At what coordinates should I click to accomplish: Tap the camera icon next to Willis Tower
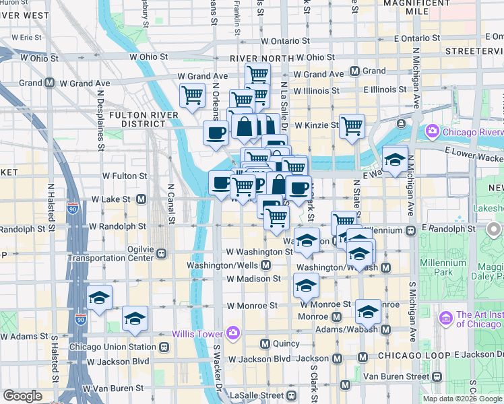[x=233, y=333]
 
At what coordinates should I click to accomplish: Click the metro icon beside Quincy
[x=265, y=343]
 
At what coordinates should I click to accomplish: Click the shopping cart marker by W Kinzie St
[x=352, y=125]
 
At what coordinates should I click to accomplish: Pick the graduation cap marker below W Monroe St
[x=369, y=311]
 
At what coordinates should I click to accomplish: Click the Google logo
[x=23, y=396]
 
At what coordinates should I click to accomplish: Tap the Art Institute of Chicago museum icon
[x=445, y=317]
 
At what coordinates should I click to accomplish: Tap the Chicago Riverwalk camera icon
[x=431, y=131]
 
